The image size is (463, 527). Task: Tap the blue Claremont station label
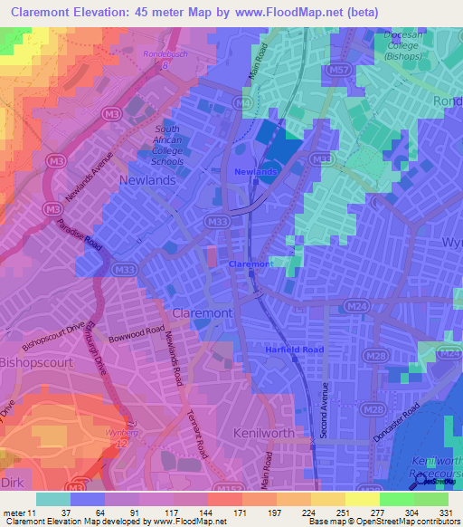tap(250, 263)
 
